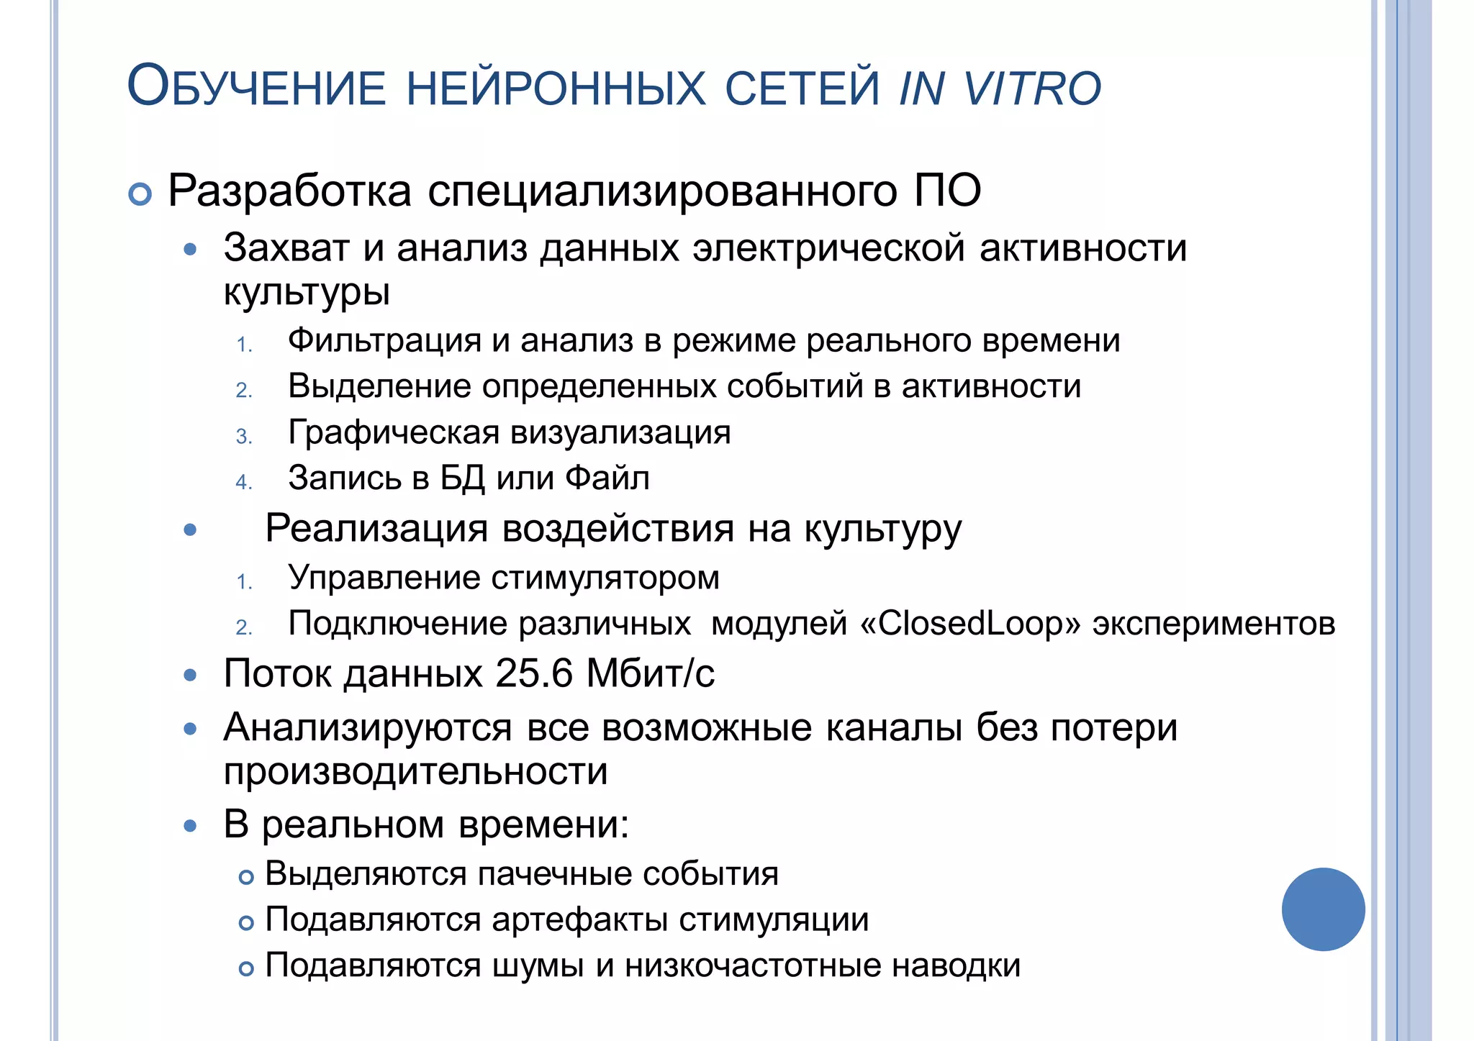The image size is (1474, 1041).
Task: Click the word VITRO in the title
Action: tap(1032, 88)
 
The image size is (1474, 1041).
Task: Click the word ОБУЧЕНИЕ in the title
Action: tap(256, 87)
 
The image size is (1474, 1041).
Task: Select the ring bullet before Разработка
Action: tap(140, 194)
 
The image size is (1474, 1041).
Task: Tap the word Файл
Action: tap(607, 478)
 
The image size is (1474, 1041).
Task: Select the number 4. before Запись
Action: tap(244, 482)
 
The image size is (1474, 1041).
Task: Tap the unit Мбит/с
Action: tap(651, 674)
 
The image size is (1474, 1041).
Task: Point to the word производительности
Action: tap(415, 772)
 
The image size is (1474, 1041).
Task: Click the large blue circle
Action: tap(1323, 909)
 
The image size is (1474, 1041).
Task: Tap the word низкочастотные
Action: tap(753, 966)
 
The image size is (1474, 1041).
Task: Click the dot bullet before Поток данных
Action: tap(190, 676)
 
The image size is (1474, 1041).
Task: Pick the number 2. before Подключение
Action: tap(244, 628)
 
